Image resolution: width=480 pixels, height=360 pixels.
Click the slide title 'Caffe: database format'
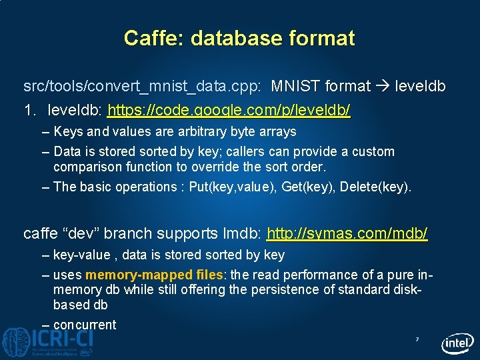coord(239,38)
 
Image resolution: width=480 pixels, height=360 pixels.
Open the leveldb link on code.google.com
coord(229,109)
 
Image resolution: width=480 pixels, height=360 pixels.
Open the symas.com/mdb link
coord(347,233)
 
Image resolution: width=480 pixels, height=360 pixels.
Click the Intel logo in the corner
coord(457,343)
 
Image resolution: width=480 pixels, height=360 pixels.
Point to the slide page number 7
coord(417,340)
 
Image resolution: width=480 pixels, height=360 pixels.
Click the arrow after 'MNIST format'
coord(383,86)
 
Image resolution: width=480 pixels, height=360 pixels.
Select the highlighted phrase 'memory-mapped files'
coord(155,275)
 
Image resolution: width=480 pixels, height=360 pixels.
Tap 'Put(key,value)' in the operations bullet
coord(232,187)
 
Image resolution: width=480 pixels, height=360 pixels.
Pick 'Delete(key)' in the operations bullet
coord(375,187)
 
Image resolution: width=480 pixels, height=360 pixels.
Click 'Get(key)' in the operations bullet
coord(307,187)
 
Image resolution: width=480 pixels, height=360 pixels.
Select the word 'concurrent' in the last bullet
coord(85,325)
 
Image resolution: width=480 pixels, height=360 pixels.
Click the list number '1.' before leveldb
coord(31,109)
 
